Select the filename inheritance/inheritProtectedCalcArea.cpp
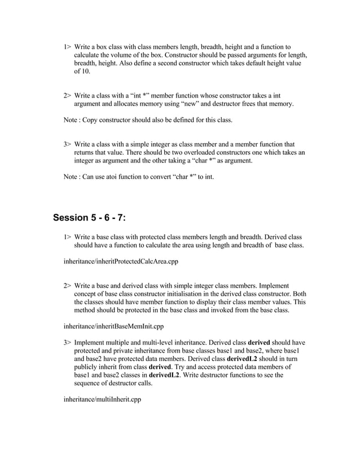[x=125, y=262]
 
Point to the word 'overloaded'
[x=201, y=152]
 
